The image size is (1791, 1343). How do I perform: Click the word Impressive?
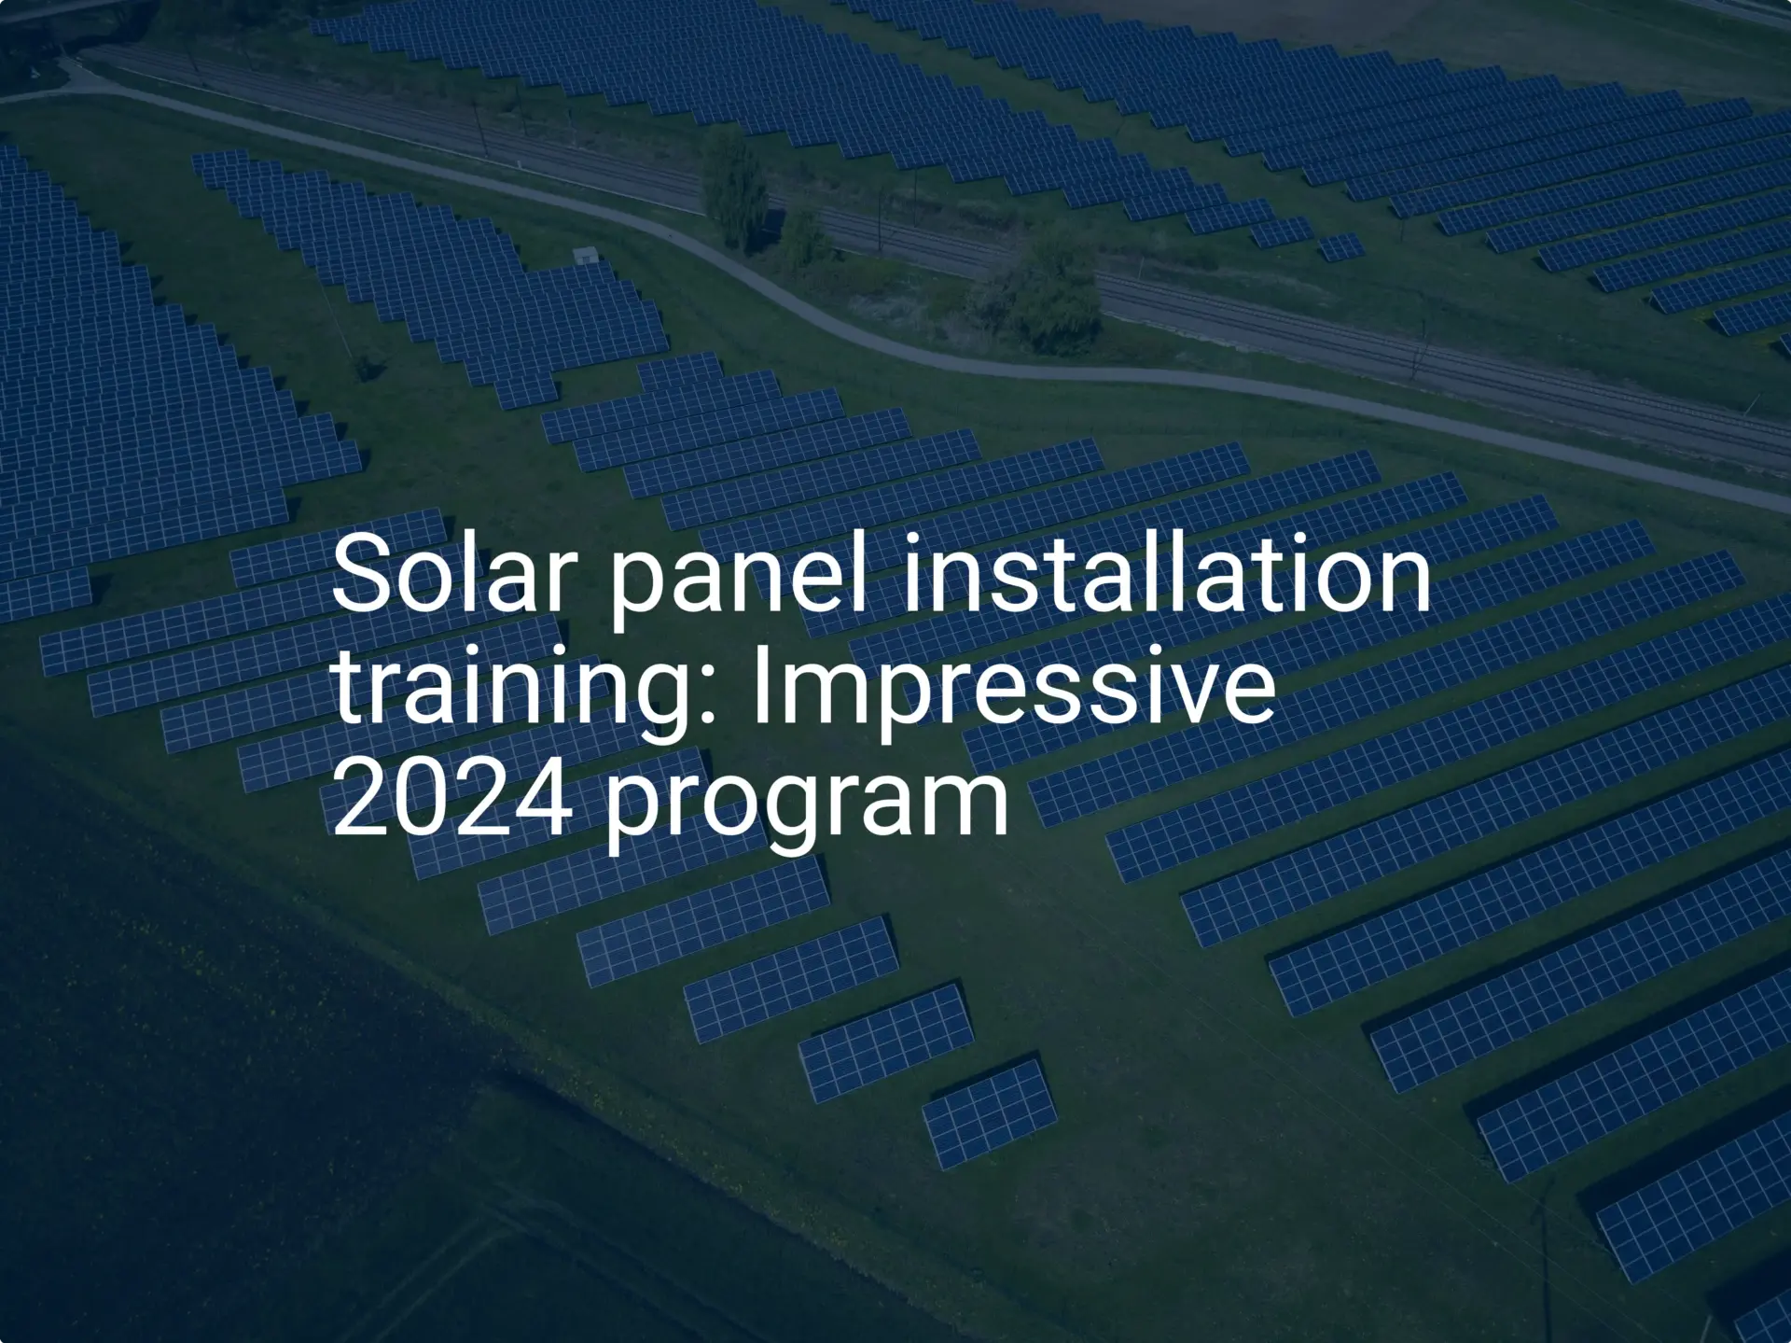tap(1013, 688)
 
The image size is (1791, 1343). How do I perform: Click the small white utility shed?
tap(585, 254)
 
